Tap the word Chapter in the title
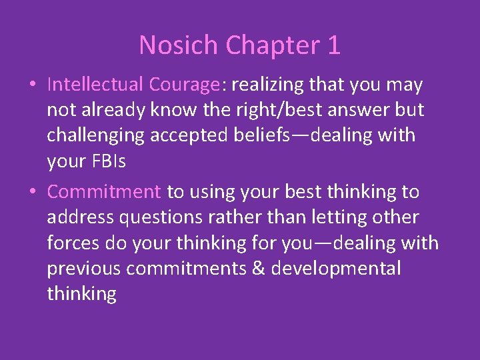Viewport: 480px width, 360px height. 273,46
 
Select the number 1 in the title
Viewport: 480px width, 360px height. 334,46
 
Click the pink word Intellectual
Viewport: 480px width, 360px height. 95,85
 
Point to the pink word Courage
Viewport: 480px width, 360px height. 184,85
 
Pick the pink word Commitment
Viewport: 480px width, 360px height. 104,192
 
